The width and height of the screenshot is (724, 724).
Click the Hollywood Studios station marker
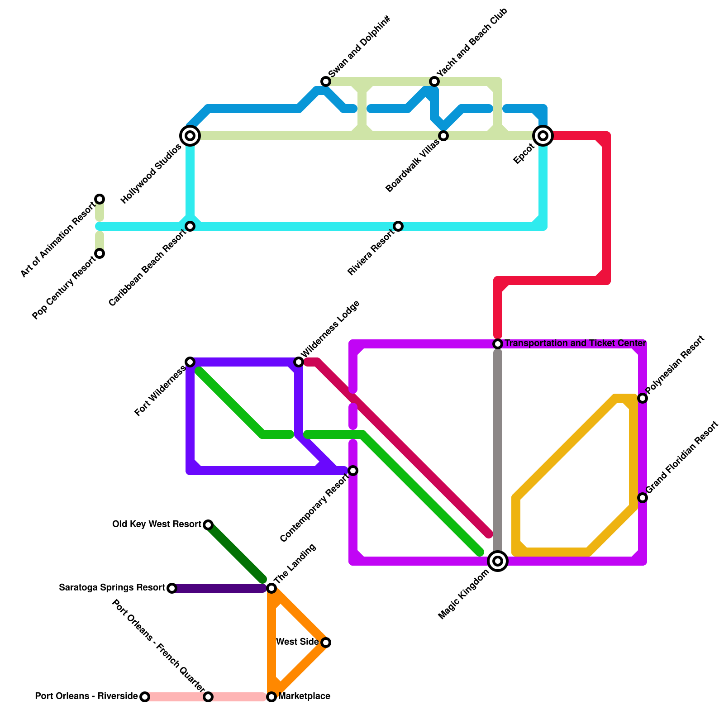tap(190, 136)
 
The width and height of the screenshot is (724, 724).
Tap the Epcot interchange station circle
tap(543, 136)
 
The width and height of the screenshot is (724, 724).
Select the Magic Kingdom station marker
tap(498, 561)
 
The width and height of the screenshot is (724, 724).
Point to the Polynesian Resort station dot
tap(643, 398)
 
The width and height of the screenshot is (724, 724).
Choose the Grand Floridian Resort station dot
tap(643, 498)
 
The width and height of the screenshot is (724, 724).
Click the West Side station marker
tap(326, 643)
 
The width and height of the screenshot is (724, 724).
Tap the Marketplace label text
tap(304, 696)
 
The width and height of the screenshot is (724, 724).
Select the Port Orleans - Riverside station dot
tap(145, 697)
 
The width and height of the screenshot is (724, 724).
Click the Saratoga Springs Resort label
tap(112, 588)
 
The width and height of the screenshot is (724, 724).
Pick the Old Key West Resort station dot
tap(208, 525)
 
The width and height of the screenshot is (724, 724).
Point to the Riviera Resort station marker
tap(398, 226)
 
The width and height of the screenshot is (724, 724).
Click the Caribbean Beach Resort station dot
tap(190, 226)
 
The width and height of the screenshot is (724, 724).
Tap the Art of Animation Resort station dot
tap(100, 199)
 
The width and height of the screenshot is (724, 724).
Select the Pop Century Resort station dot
tap(100, 253)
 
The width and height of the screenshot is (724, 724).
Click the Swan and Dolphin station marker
tap(326, 81)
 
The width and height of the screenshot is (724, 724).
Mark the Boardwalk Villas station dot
tap(443, 136)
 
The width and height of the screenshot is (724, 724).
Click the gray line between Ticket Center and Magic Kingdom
tap(498, 452)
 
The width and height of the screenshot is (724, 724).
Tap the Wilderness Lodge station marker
tap(299, 362)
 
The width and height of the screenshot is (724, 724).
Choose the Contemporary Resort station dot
tap(353, 471)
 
